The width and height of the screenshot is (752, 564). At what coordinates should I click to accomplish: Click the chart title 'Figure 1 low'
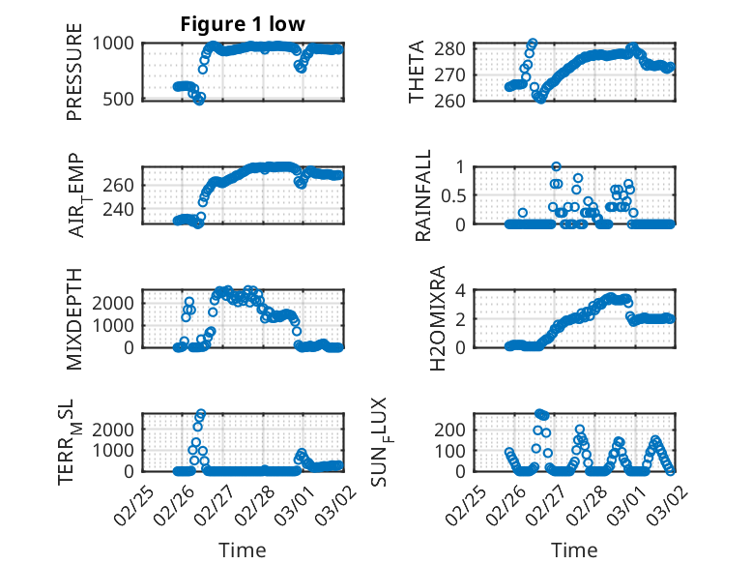[x=243, y=24]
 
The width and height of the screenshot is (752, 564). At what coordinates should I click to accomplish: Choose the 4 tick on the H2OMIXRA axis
[x=462, y=290]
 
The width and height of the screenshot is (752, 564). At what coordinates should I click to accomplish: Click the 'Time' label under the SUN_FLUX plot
[x=574, y=549]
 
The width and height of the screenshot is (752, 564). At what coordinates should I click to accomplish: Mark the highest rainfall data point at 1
[x=556, y=166]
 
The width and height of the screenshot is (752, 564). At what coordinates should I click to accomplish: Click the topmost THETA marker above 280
[x=533, y=44]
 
